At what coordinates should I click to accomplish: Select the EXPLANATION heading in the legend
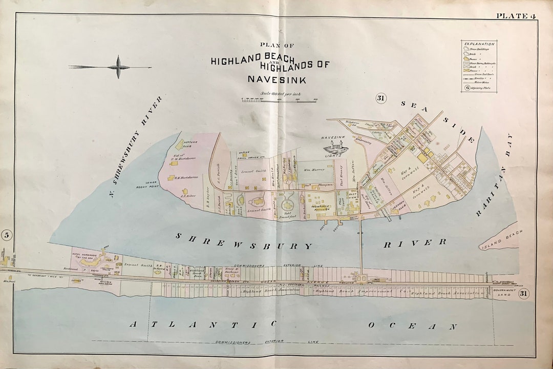coord(479,44)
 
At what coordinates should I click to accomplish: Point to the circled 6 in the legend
coord(467,87)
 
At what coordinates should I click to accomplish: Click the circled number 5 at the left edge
coord(7,235)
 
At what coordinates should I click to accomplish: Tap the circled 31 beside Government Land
coord(523,293)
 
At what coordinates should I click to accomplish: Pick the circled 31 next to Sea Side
coord(380,98)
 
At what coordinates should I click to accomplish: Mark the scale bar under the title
coord(280,99)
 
